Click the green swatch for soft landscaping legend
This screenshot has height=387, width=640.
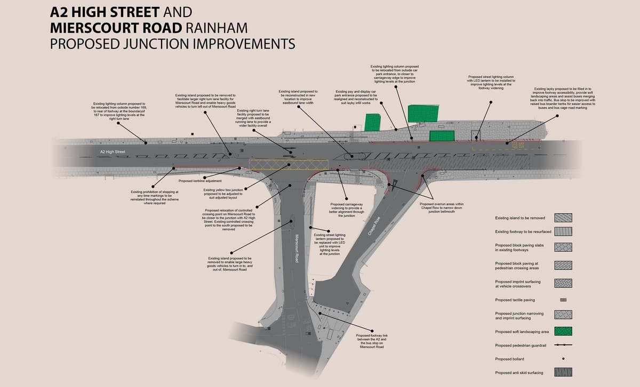point(563,330)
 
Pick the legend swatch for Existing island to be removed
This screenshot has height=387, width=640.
point(563,217)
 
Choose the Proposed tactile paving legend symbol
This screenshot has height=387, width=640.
point(563,300)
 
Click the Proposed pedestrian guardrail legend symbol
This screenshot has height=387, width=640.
point(563,345)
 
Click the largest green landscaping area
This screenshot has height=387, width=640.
point(423,114)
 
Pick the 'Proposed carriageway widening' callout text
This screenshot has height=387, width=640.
point(347,210)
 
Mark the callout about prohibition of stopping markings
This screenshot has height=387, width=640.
point(155,197)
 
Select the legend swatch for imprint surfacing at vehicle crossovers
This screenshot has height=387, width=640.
point(563,283)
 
